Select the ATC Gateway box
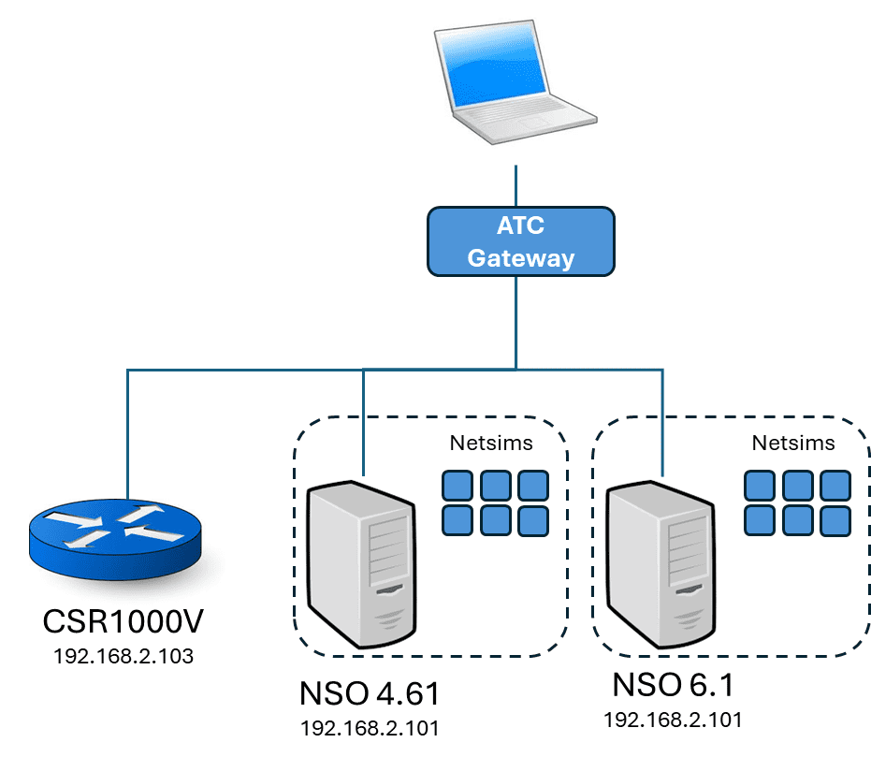pyautogui.click(x=521, y=241)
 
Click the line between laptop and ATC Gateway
pyautogui.click(x=515, y=186)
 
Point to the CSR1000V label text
pyautogui.click(x=123, y=623)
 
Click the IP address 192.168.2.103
pyautogui.click(x=123, y=656)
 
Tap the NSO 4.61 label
pyautogui.click(x=370, y=694)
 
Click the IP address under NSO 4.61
pyautogui.click(x=370, y=728)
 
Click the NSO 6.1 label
pyautogui.click(x=674, y=685)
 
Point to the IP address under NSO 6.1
pyautogui.click(x=674, y=720)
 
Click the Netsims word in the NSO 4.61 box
pyautogui.click(x=491, y=444)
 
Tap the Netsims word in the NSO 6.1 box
pyautogui.click(x=793, y=444)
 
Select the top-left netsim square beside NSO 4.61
pyautogui.click(x=457, y=486)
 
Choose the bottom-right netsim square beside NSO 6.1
pyautogui.click(x=835, y=519)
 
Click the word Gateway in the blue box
pyautogui.click(x=521, y=257)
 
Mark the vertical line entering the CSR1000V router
pyautogui.click(x=127, y=430)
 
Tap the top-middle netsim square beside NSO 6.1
pyautogui.click(x=797, y=486)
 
